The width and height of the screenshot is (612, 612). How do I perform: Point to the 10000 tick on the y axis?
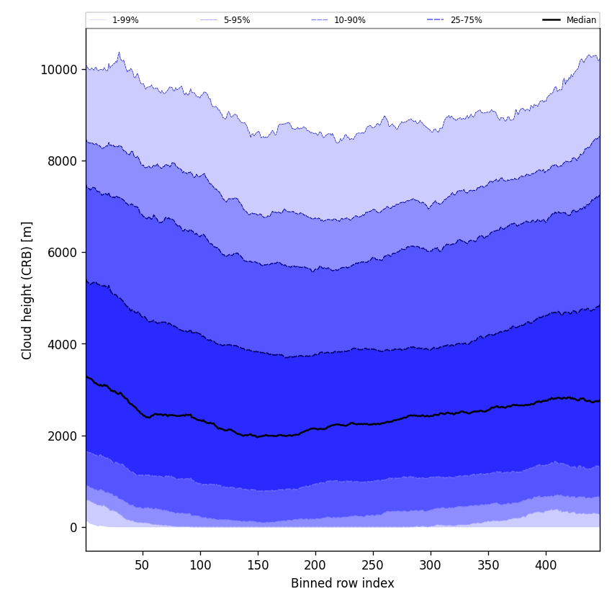pyautogui.click(x=59, y=70)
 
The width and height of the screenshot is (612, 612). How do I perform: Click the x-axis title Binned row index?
pyautogui.click(x=343, y=583)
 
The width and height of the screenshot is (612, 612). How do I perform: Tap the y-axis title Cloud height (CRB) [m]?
pyautogui.click(x=27, y=290)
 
